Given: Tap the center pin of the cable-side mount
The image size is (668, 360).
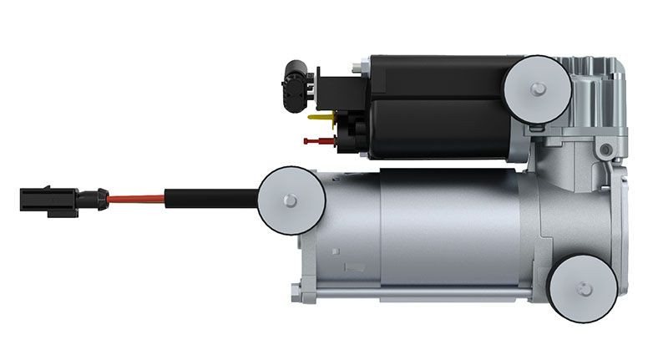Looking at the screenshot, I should (291, 200).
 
